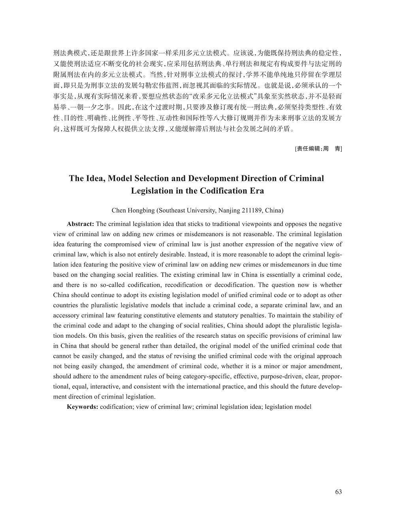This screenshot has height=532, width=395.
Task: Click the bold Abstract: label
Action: coord(81,224)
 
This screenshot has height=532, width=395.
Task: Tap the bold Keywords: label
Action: coord(83,406)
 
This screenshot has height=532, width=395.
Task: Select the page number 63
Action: coord(338,492)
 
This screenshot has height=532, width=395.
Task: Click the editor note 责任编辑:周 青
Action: coord(318,149)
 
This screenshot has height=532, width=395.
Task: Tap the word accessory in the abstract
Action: coord(65,316)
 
